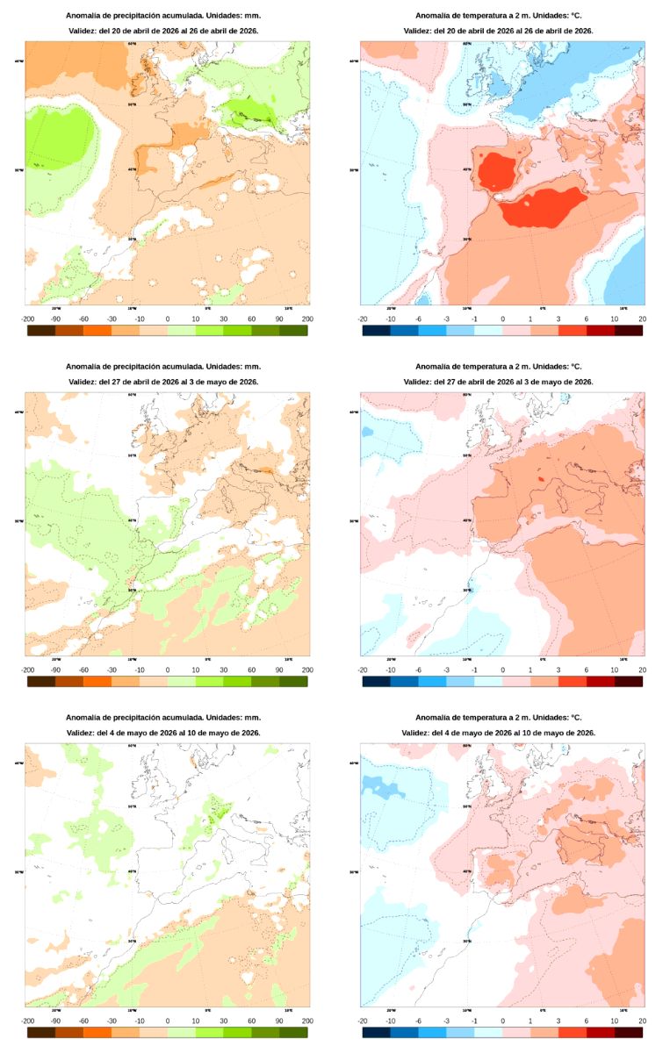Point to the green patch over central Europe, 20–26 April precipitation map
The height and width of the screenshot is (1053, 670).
coord(251,111)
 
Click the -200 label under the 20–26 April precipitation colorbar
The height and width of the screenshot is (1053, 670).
coord(27,319)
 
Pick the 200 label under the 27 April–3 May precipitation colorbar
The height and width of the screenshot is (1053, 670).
coord(307,670)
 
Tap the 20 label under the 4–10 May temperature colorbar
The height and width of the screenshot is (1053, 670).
coord(643,1021)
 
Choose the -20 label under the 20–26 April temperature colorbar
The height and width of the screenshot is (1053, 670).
coord(362,319)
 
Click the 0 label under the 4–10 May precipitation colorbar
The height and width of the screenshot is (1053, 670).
coord(168,1021)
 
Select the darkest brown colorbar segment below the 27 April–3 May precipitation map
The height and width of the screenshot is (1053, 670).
coord(41,681)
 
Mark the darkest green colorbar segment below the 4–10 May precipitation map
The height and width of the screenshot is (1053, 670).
coord(293,1032)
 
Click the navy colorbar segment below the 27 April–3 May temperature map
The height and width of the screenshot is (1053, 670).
coord(376,681)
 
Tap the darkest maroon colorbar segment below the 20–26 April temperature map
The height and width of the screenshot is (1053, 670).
coord(629,331)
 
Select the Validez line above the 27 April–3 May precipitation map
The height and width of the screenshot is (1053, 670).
coord(163,382)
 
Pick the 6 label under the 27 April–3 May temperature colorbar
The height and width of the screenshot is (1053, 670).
coord(587,670)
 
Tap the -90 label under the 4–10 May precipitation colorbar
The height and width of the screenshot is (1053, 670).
coord(55,1021)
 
